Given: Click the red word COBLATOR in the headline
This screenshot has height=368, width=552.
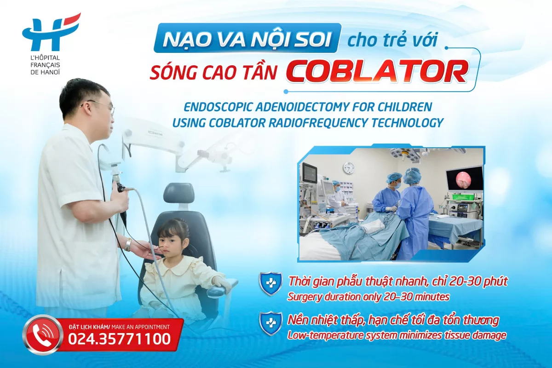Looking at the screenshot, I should click(377, 70).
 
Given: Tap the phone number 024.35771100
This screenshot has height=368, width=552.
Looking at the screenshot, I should click(119, 339).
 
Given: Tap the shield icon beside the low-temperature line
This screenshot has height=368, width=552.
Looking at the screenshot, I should click(270, 323).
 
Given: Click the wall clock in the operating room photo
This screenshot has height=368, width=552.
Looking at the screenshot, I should click(348, 168).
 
